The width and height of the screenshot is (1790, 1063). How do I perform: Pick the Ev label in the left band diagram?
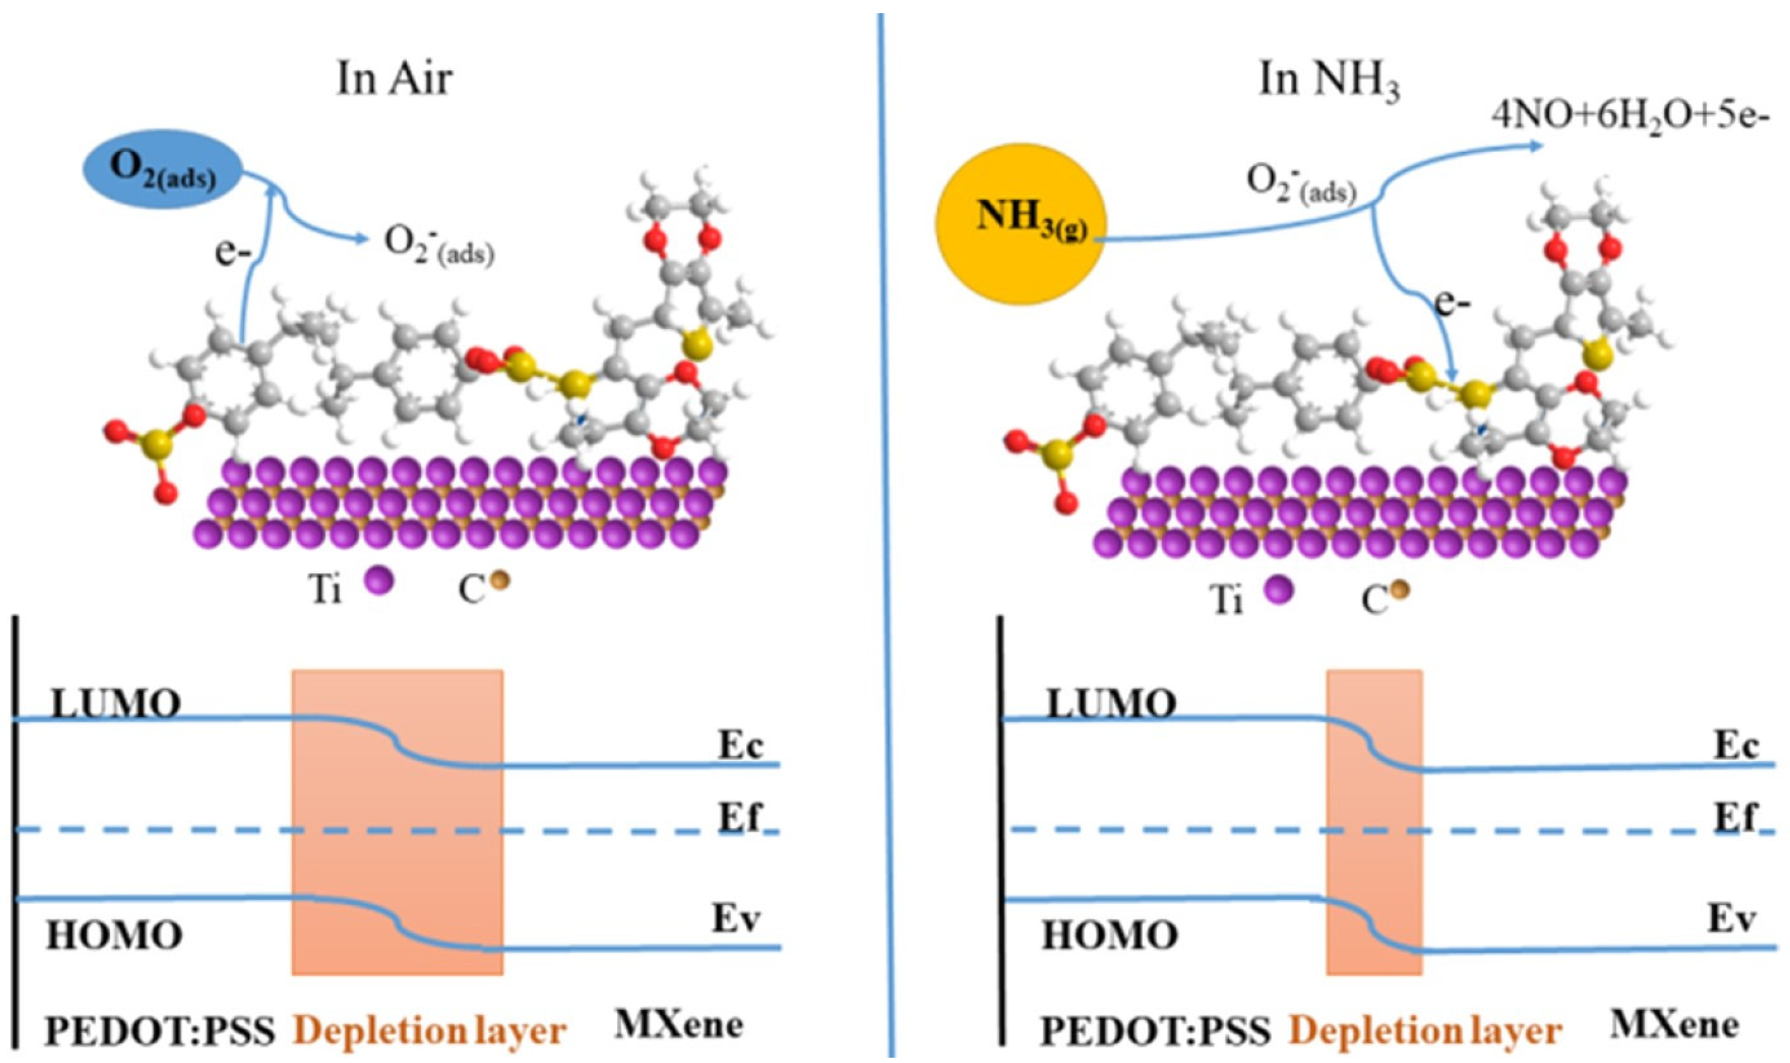click(736, 919)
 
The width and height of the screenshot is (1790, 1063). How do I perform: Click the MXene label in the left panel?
click(679, 1024)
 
